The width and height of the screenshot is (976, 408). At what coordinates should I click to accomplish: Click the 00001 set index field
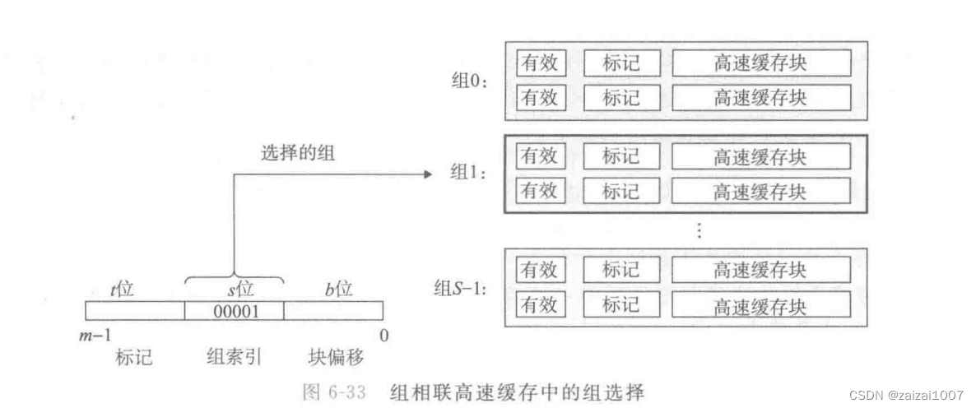point(235,311)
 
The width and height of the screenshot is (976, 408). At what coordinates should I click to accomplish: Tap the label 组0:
point(468,81)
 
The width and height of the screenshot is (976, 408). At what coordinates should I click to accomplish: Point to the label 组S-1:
point(460,289)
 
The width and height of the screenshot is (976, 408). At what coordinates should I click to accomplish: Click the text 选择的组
point(298,153)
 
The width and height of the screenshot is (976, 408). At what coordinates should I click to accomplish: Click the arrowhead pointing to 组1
point(426,174)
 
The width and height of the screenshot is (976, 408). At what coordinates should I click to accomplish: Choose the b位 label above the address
point(337,289)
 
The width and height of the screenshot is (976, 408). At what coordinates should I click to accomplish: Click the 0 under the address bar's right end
point(383,335)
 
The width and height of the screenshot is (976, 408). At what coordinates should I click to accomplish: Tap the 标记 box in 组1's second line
point(620,192)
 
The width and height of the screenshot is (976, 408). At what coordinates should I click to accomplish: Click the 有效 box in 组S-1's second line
point(540,305)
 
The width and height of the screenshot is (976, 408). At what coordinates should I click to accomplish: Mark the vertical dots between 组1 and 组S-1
point(699,231)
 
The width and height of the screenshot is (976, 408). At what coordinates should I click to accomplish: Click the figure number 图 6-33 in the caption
point(333,392)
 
